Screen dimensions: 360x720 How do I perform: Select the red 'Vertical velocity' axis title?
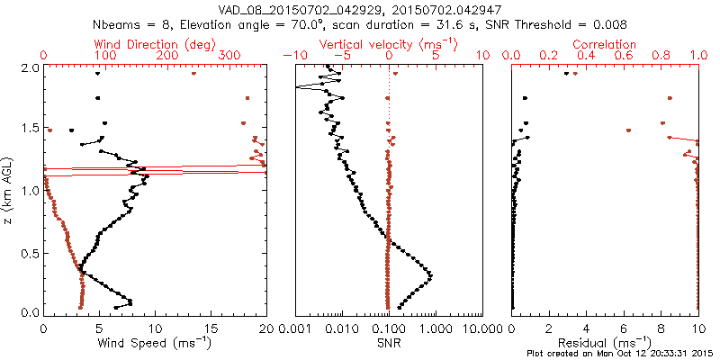(x=389, y=44)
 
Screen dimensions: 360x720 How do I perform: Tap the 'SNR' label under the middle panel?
(x=389, y=342)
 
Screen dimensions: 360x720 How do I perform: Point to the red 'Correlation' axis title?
(x=605, y=44)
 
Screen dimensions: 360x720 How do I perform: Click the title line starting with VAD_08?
(x=360, y=8)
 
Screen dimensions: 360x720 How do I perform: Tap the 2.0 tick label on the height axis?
(x=30, y=67)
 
